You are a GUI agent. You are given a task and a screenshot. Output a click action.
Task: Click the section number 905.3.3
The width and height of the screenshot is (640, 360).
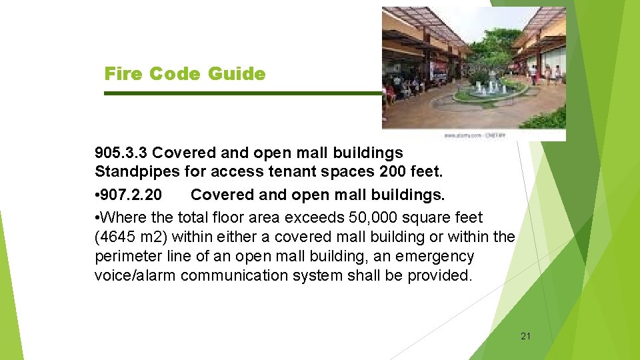(121, 153)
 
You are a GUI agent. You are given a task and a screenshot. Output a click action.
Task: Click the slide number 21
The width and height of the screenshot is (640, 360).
(525, 336)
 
